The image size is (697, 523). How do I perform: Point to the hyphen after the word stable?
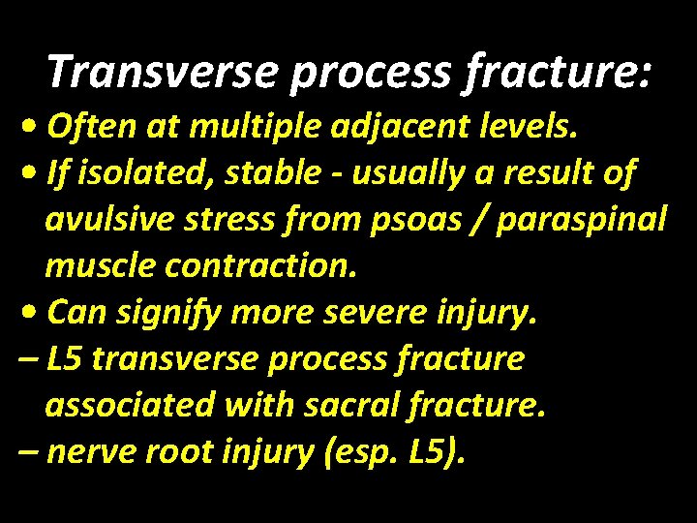coord(338,175)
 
